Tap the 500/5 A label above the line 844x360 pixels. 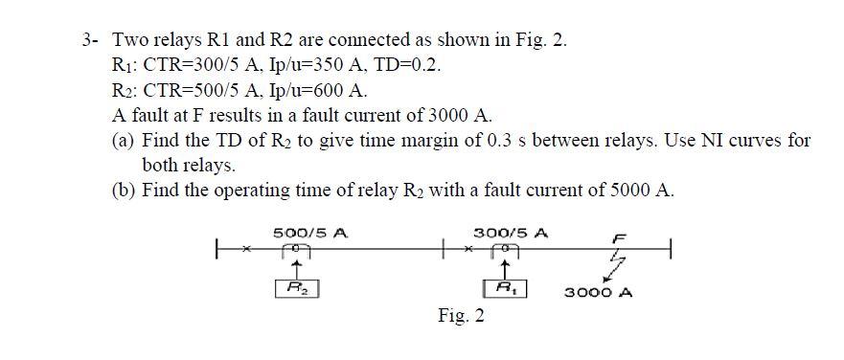coord(310,233)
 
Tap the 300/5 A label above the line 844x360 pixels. coord(511,233)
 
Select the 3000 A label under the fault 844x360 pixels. coord(597,293)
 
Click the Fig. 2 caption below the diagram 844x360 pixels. coord(460,317)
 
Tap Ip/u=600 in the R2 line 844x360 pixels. coord(304,92)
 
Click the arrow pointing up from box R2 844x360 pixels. coord(297,269)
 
